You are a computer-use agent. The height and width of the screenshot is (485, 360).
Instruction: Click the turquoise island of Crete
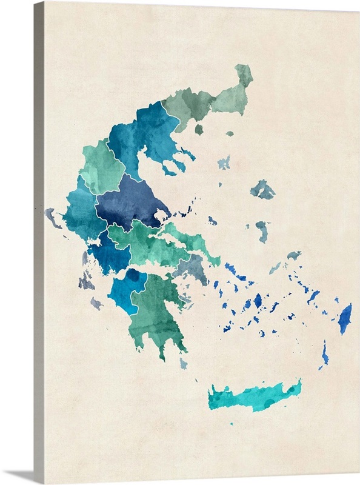tap(255, 397)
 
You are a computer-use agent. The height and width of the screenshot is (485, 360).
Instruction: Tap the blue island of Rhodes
tap(345, 319)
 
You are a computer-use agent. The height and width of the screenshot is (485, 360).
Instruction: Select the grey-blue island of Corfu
tap(53, 217)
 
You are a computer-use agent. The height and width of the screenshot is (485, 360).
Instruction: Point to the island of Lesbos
tap(263, 190)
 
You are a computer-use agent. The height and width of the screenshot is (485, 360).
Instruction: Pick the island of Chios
tap(262, 230)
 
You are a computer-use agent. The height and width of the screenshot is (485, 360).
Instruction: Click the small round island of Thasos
tap(199, 129)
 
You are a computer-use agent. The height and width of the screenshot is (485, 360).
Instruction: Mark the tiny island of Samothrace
tap(230, 133)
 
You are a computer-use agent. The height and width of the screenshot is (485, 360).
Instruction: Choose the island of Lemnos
tap(224, 162)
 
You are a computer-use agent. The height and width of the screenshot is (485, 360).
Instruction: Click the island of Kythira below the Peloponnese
tap(183, 363)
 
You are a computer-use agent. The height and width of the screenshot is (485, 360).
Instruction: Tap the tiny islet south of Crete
tap(231, 423)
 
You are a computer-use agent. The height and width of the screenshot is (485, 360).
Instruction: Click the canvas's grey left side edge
tap(38, 242)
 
